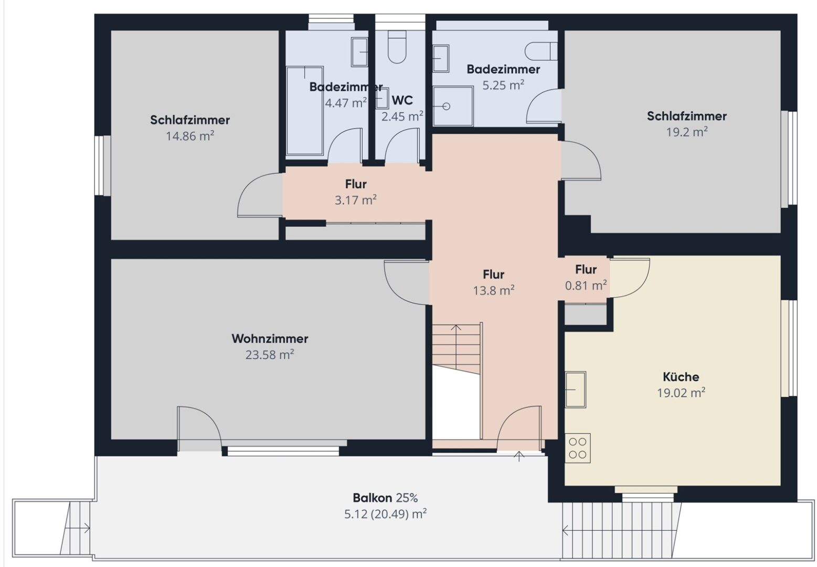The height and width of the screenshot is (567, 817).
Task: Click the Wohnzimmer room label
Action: click(x=270, y=339)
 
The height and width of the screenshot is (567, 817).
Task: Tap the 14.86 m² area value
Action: click(x=190, y=136)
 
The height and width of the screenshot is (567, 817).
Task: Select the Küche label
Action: click(x=681, y=377)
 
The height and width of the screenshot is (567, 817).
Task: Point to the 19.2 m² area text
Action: click(x=686, y=132)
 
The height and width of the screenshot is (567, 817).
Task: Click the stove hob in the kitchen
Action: click(x=578, y=448)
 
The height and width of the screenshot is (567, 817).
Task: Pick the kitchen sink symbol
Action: click(x=576, y=389)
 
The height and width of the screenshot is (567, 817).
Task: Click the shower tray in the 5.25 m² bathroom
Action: click(x=453, y=106)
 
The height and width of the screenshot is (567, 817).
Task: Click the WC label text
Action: click(x=402, y=100)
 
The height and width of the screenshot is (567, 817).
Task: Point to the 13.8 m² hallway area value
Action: click(x=493, y=290)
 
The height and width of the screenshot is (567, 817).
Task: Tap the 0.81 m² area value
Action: click(x=586, y=286)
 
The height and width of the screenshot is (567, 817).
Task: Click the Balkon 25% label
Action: click(x=385, y=498)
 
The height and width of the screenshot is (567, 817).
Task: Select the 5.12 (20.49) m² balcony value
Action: click(x=385, y=513)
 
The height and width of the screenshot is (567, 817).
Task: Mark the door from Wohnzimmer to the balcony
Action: click(x=198, y=428)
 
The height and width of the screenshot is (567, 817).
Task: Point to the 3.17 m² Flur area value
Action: click(x=356, y=200)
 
